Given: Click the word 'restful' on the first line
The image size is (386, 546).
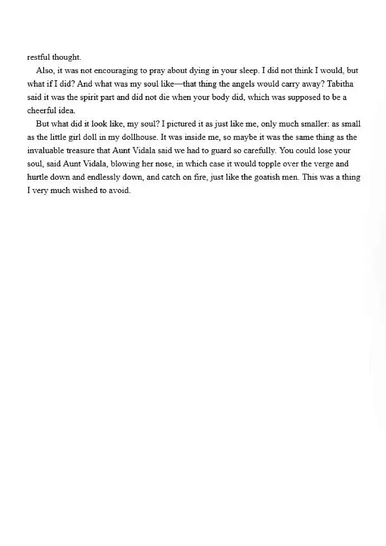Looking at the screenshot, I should [38, 57].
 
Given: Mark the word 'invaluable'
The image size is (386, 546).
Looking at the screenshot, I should [47, 150].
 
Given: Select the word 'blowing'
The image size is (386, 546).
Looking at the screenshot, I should [125, 164].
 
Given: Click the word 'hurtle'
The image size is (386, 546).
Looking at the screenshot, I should [38, 177].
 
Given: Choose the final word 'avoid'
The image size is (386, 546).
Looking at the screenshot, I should [119, 190].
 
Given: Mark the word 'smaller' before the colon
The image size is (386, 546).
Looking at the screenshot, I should [313, 124].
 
